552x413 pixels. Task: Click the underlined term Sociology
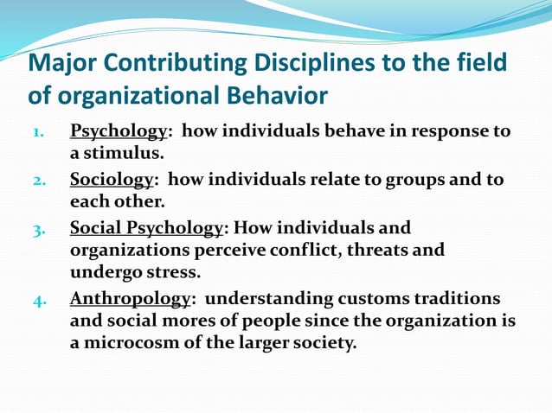click(x=111, y=180)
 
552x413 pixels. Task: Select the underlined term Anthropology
click(x=130, y=299)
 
